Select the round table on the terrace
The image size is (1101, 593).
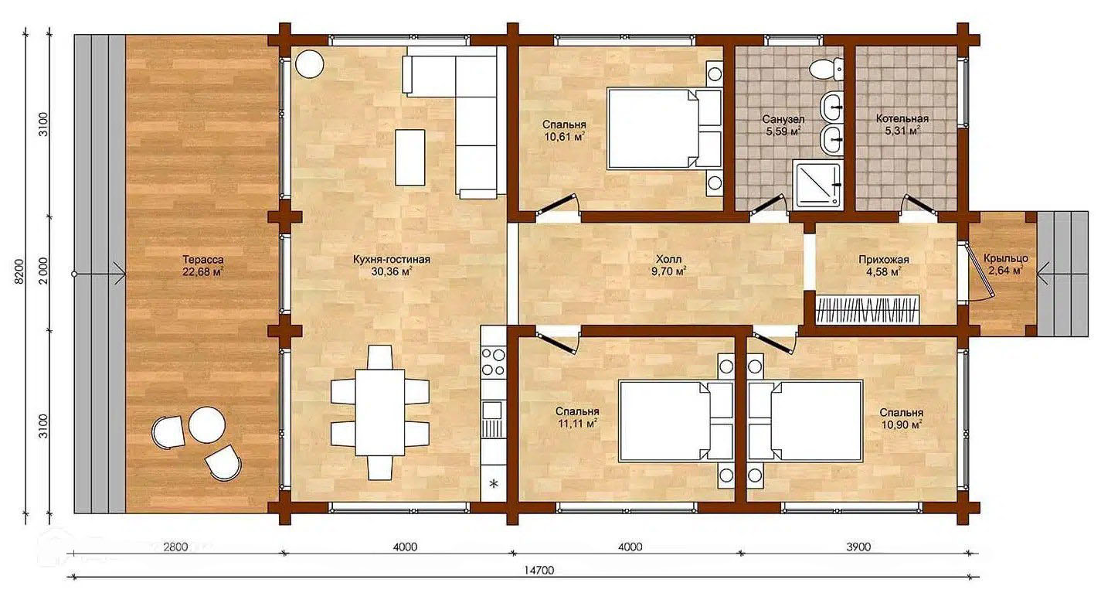207,424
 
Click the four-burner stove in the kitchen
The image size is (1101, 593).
494,361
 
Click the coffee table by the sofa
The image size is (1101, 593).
410,158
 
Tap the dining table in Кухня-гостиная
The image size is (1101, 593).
379,412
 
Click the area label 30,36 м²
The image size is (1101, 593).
392,272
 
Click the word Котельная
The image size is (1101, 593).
902,118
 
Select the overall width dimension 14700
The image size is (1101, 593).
539,570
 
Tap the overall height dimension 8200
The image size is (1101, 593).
19,271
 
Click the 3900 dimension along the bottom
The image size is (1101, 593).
858,547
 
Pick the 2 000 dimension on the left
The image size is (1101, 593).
43,271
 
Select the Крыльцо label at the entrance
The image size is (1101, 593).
1006,259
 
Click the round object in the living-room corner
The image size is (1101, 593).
310,64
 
